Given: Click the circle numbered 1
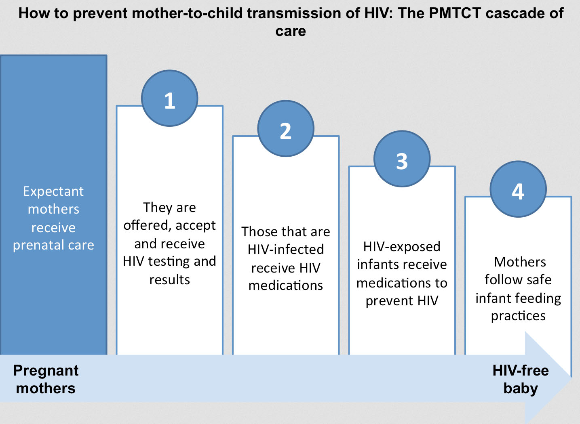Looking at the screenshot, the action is (x=170, y=98).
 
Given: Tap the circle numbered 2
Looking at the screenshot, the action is (x=286, y=128).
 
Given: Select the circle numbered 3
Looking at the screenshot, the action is (x=402, y=159).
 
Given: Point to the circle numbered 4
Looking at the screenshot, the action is (x=518, y=189).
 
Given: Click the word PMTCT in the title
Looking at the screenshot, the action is (x=455, y=13).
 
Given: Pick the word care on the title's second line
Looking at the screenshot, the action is (x=291, y=31).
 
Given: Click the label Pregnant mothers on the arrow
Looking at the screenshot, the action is (x=46, y=379).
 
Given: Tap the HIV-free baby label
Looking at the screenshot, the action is (x=521, y=380).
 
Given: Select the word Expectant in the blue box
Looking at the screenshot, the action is (x=53, y=192).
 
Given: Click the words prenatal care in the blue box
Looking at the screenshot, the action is (x=54, y=245).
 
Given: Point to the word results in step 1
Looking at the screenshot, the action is (x=170, y=280).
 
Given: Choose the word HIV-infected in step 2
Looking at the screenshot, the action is (x=286, y=250).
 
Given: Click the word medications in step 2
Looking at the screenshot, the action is (x=286, y=285).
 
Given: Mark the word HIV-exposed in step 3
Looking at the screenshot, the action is (x=402, y=247).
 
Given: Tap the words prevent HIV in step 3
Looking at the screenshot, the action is (x=402, y=301).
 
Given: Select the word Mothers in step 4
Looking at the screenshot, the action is (x=520, y=262).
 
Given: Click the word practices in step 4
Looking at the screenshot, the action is (x=519, y=316).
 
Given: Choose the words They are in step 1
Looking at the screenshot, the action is (x=170, y=208).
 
